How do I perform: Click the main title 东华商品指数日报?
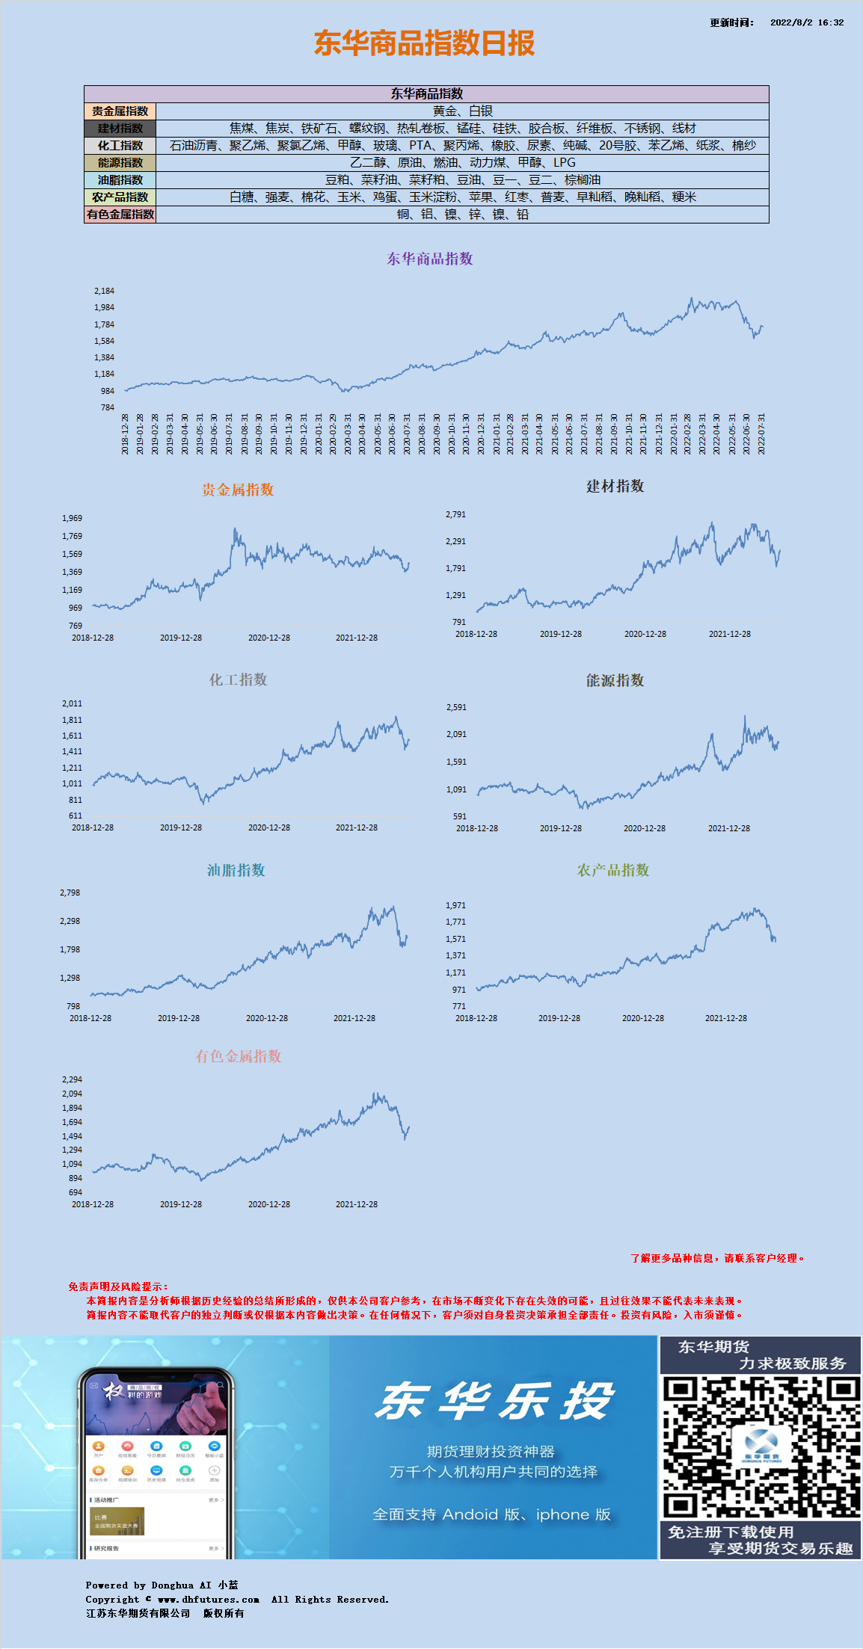pyautogui.click(x=424, y=43)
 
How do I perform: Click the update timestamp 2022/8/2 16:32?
pyautogui.click(x=806, y=22)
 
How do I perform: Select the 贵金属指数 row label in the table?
pyautogui.click(x=120, y=111)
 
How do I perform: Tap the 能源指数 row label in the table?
pyautogui.click(x=120, y=163)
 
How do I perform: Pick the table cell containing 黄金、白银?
pyautogui.click(x=462, y=111)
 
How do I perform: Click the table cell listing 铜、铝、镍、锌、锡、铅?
pyautogui.click(x=462, y=215)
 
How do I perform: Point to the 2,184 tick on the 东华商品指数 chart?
pyautogui.click(x=104, y=291)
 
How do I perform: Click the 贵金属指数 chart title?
pyautogui.click(x=238, y=490)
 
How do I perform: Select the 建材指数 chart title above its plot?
pyautogui.click(x=615, y=487)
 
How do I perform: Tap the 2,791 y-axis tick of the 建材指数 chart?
pyautogui.click(x=455, y=514)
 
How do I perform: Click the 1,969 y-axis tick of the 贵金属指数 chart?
pyautogui.click(x=72, y=518)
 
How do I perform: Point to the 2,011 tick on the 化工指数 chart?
pyautogui.click(x=72, y=703)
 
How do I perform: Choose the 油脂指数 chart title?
pyautogui.click(x=236, y=870)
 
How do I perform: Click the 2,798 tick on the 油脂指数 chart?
pyautogui.click(x=70, y=893)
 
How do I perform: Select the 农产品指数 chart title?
pyautogui.click(x=613, y=870)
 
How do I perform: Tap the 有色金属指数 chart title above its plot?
pyautogui.click(x=238, y=1056)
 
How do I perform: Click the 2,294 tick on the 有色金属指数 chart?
pyautogui.click(x=72, y=1079)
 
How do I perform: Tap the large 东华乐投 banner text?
pyautogui.click(x=494, y=1401)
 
